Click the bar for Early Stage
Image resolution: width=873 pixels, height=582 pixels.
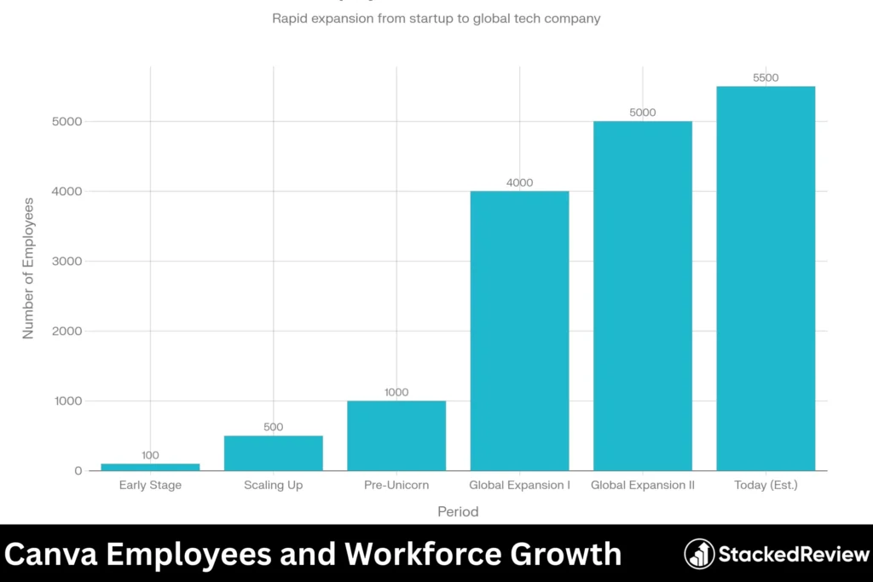pyautogui.click(x=150, y=467)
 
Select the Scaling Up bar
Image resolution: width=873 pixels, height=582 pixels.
pyautogui.click(x=273, y=453)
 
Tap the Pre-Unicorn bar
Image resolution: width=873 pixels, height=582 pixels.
pyautogui.click(x=396, y=435)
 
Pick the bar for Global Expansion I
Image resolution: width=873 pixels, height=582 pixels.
pyautogui.click(x=519, y=331)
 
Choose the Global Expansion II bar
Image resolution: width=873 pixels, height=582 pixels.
pyautogui.click(x=643, y=296)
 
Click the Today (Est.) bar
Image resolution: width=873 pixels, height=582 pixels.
pyautogui.click(x=766, y=279)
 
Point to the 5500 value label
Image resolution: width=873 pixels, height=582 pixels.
pyautogui.click(x=766, y=78)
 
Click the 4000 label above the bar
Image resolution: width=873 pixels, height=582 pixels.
pyautogui.click(x=519, y=182)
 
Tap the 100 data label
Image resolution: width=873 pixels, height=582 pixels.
pyautogui.click(x=150, y=455)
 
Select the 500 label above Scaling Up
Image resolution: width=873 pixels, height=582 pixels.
pyautogui.click(x=273, y=427)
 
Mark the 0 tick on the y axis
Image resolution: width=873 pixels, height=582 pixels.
pyautogui.click(x=78, y=471)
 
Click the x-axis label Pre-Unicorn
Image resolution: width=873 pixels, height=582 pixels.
pyautogui.click(x=396, y=486)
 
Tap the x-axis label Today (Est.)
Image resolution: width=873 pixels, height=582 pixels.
pyautogui.click(x=766, y=486)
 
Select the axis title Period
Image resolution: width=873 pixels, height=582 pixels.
pyautogui.click(x=458, y=512)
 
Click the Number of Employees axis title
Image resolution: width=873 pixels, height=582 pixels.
pyautogui.click(x=29, y=268)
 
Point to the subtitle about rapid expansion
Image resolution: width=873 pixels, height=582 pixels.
pyautogui.click(x=436, y=18)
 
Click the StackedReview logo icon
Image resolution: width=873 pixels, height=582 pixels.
pyautogui.click(x=700, y=554)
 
